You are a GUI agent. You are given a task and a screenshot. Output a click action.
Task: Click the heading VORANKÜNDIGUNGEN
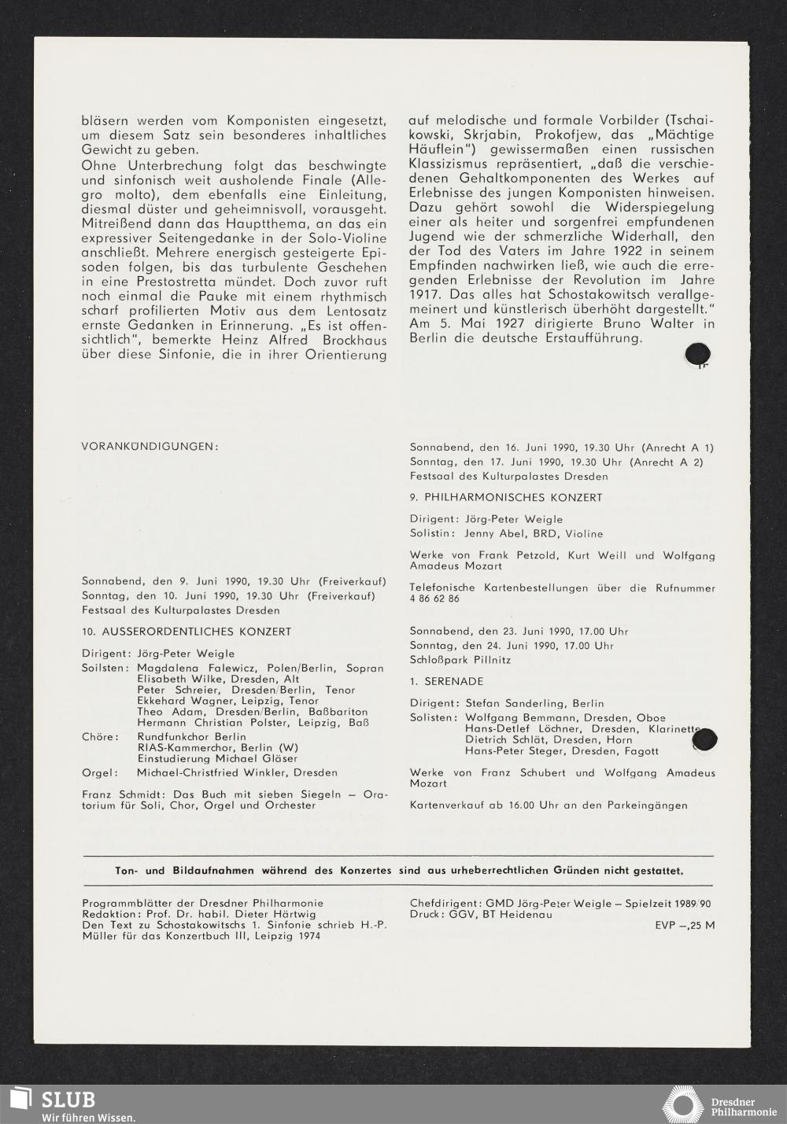tap(149, 447)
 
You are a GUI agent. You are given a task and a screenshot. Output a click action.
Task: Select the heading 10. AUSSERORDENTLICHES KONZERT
tap(187, 632)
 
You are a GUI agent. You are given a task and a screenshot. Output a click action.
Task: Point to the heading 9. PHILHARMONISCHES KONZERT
tap(506, 498)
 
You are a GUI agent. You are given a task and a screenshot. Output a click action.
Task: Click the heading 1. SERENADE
tap(447, 681)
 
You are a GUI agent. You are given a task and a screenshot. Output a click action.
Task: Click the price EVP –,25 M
tap(685, 926)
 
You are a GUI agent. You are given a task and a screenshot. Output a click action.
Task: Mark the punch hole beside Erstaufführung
tap(698, 356)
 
